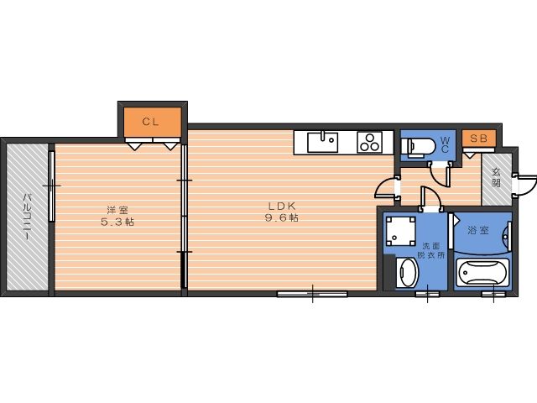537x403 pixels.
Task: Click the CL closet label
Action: coord(150,122)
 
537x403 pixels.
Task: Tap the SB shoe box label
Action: coord(478,139)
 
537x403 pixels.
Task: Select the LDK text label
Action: coord(282,206)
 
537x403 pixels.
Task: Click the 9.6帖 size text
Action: coord(282,217)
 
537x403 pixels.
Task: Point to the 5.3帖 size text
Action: coord(117,222)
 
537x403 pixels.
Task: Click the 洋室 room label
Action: coord(117,210)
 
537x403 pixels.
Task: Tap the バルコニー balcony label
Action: coord(27,217)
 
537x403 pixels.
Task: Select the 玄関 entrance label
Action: coord(496,177)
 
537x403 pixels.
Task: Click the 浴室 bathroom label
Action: coord(478,230)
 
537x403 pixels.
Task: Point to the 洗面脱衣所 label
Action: coord(430,250)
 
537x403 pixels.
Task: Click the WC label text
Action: coord(445,144)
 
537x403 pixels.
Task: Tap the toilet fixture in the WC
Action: coord(418,147)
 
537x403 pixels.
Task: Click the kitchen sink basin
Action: coord(322,143)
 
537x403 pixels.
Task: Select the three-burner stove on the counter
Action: coord(369,142)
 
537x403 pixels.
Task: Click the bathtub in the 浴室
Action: coord(482,272)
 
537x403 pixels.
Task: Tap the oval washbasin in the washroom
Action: coord(408,273)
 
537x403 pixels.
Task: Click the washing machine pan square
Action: coord(399,232)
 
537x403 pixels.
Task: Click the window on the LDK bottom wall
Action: coord(312,294)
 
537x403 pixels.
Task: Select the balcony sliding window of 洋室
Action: coord(51,186)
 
